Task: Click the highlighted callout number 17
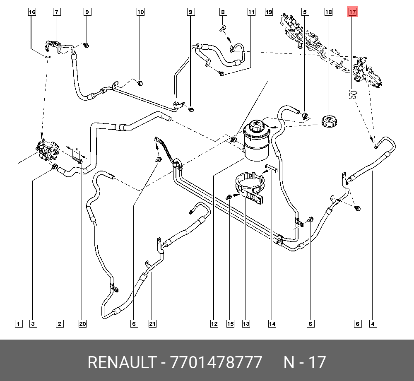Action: point(352,12)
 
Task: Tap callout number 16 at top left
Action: point(32,12)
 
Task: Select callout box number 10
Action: point(141,12)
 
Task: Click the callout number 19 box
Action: point(269,12)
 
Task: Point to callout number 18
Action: point(328,12)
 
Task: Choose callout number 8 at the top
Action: point(223,12)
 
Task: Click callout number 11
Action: point(251,12)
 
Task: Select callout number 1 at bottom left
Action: point(18,323)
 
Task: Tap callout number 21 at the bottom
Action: point(153,323)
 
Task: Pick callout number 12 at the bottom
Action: point(214,323)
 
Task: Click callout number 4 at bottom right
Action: point(373,323)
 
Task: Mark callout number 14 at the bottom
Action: point(272,323)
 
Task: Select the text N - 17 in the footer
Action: point(305,362)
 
